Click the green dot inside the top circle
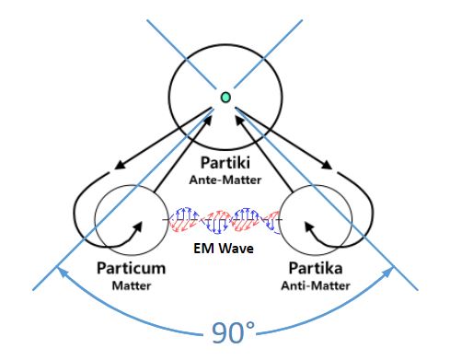(x=225, y=98)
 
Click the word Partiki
(x=225, y=163)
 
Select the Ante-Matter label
(x=225, y=180)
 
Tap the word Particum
(x=132, y=268)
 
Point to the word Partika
(x=316, y=268)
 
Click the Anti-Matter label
(x=316, y=285)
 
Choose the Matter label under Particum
(x=132, y=285)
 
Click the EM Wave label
(x=224, y=248)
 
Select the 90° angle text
(x=233, y=333)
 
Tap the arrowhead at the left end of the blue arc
(x=62, y=272)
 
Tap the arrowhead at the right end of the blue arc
(x=388, y=272)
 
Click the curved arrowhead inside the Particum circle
(x=138, y=226)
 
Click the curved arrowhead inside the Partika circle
(x=309, y=227)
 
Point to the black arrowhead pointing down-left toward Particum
(x=120, y=165)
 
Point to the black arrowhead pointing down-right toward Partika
(x=327, y=165)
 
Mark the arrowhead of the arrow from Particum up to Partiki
(x=207, y=121)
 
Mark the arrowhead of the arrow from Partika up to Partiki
(x=240, y=121)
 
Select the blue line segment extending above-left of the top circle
(x=181, y=54)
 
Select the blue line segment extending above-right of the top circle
(x=269, y=54)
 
